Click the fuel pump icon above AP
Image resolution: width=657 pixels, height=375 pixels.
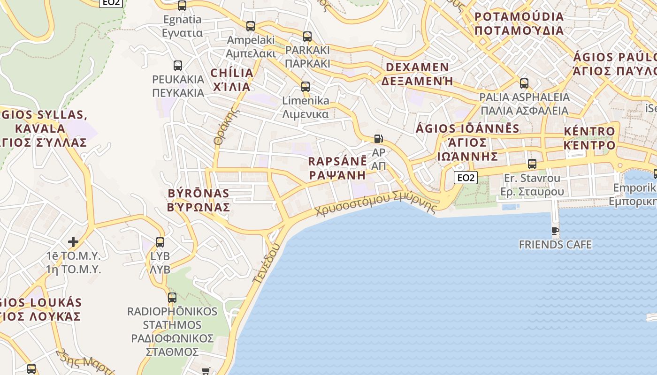point(378,139)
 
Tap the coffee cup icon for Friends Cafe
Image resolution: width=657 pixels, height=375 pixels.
point(555,231)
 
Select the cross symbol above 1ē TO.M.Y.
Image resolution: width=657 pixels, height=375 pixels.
point(73,242)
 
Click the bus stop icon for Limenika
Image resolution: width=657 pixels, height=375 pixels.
point(306,87)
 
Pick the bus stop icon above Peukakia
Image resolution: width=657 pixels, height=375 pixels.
point(178,65)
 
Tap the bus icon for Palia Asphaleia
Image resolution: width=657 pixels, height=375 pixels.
point(524,83)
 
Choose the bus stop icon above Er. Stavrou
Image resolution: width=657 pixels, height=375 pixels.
point(532,164)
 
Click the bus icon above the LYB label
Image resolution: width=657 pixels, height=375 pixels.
point(160,242)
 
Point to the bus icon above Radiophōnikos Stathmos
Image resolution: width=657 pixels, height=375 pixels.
point(172,298)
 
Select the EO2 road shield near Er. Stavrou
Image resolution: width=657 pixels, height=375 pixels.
point(466,178)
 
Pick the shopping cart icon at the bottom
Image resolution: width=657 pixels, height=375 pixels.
point(205,371)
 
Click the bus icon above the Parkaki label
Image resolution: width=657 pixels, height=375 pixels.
point(307,36)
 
